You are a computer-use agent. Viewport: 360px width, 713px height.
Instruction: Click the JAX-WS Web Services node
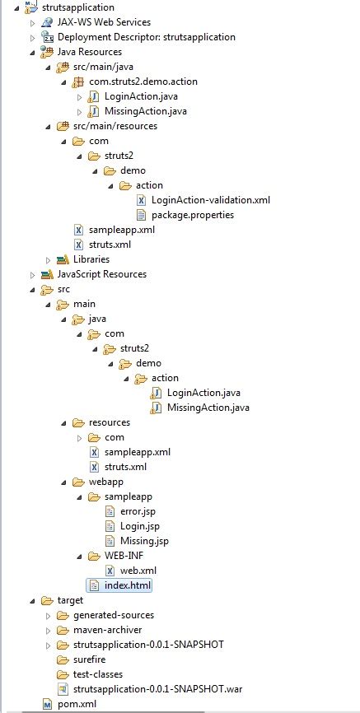coord(104,22)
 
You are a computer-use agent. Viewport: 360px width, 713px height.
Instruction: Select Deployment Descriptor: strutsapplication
coord(146,37)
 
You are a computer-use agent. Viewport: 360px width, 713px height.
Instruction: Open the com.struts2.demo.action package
coord(143,82)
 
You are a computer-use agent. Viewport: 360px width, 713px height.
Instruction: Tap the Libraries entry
coord(91,259)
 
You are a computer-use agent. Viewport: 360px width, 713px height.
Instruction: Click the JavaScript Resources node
coord(101,274)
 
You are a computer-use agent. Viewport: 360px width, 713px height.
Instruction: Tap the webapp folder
coord(105,482)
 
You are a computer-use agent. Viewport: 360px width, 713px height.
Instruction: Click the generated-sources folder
coord(113,615)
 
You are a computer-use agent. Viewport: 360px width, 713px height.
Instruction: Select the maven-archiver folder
coord(108,630)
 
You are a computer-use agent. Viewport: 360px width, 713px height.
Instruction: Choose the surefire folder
coord(90,659)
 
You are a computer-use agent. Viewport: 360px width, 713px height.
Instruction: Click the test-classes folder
coord(97,674)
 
